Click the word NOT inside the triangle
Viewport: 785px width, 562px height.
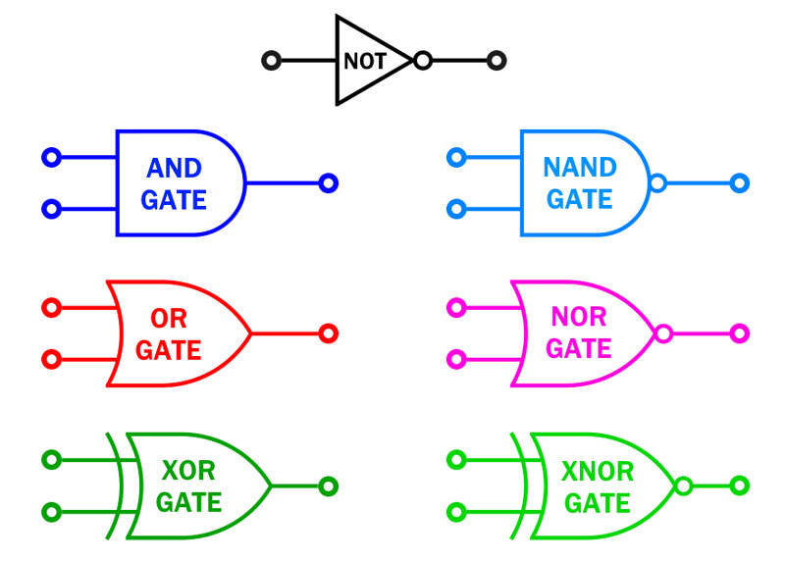pyautogui.click(x=365, y=61)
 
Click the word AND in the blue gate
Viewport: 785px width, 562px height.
pyautogui.click(x=175, y=168)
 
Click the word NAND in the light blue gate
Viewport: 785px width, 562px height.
pyautogui.click(x=580, y=167)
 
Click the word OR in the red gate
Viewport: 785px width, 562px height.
pyautogui.click(x=169, y=319)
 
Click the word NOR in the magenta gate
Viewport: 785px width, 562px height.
pyautogui.click(x=579, y=316)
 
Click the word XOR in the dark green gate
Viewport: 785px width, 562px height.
pyautogui.click(x=188, y=471)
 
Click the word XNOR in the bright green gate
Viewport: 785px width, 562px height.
pyautogui.click(x=598, y=471)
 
